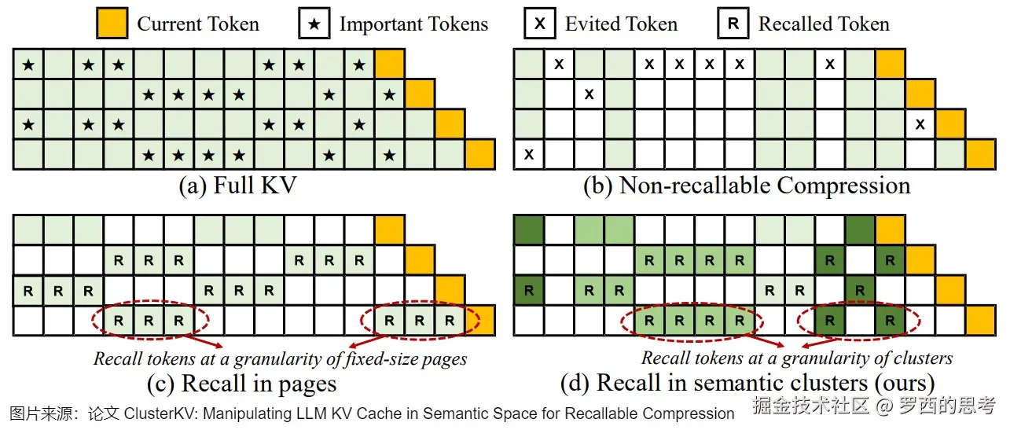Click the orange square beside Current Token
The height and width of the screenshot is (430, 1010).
pyautogui.click(x=112, y=24)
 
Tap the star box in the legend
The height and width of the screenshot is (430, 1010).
pyautogui.click(x=314, y=24)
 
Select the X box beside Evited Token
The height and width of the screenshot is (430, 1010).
pyautogui.click(x=540, y=24)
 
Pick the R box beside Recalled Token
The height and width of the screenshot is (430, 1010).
pyautogui.click(x=733, y=24)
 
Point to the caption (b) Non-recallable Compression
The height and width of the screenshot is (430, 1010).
pyautogui.click(x=747, y=186)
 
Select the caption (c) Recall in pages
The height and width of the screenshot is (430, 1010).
pyautogui.click(x=242, y=384)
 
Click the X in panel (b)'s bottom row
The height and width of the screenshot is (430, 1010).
pyautogui.click(x=529, y=155)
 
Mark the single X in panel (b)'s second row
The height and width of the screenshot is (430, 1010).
pyautogui.click(x=589, y=94)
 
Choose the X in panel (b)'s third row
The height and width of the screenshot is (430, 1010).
pyautogui.click(x=920, y=124)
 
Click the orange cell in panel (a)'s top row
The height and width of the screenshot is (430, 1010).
pyautogui.click(x=390, y=64)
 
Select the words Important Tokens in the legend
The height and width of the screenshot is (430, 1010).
pyautogui.click(x=413, y=24)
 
